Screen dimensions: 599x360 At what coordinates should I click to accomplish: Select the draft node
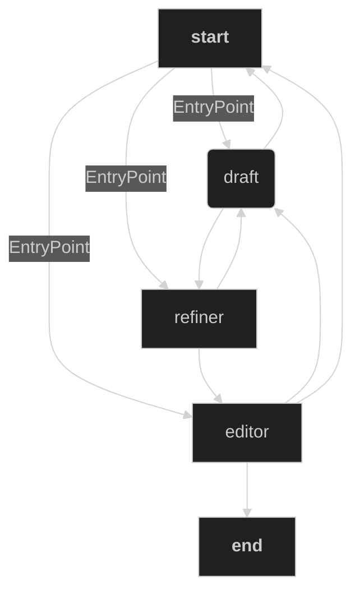click(241, 178)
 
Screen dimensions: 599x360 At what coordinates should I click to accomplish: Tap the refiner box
click(199, 318)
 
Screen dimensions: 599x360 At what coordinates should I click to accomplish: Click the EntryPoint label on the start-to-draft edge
click(213, 107)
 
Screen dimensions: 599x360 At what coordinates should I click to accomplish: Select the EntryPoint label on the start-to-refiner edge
click(126, 178)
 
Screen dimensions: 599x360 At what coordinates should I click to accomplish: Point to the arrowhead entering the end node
click(247, 512)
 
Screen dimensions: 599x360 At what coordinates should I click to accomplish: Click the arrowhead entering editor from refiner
click(219, 398)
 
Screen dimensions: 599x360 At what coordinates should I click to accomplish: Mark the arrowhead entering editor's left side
click(187, 415)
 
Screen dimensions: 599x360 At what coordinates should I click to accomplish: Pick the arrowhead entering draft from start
click(227, 144)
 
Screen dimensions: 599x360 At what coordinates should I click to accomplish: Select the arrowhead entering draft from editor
click(278, 212)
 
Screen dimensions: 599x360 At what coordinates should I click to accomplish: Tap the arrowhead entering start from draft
click(250, 72)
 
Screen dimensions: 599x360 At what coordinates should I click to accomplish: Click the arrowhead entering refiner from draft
click(199, 284)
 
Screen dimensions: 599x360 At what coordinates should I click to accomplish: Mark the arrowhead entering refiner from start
click(164, 285)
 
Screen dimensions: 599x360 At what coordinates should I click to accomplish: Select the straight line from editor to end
click(247, 485)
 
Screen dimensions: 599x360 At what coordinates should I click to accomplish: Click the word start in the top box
click(210, 37)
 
